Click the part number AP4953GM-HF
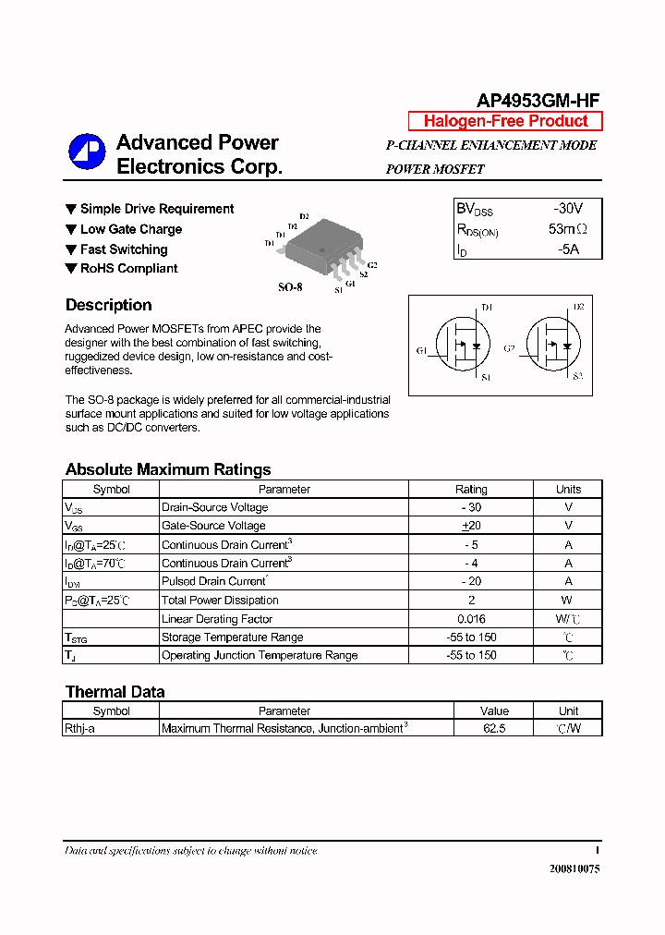(538, 102)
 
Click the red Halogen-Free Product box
(505, 121)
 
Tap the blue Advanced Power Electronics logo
(87, 154)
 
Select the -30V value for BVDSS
(568, 210)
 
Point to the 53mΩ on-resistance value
(567, 229)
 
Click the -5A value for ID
(568, 249)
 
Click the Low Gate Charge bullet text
(130, 229)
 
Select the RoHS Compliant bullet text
(128, 269)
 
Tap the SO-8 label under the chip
(290, 287)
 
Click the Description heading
(108, 305)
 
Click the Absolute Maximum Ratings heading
(168, 469)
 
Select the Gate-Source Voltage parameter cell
(213, 526)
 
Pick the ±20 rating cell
(471, 526)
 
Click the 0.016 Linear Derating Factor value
(471, 619)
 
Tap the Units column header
(568, 490)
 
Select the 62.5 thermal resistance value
(494, 729)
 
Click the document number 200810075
(574, 869)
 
